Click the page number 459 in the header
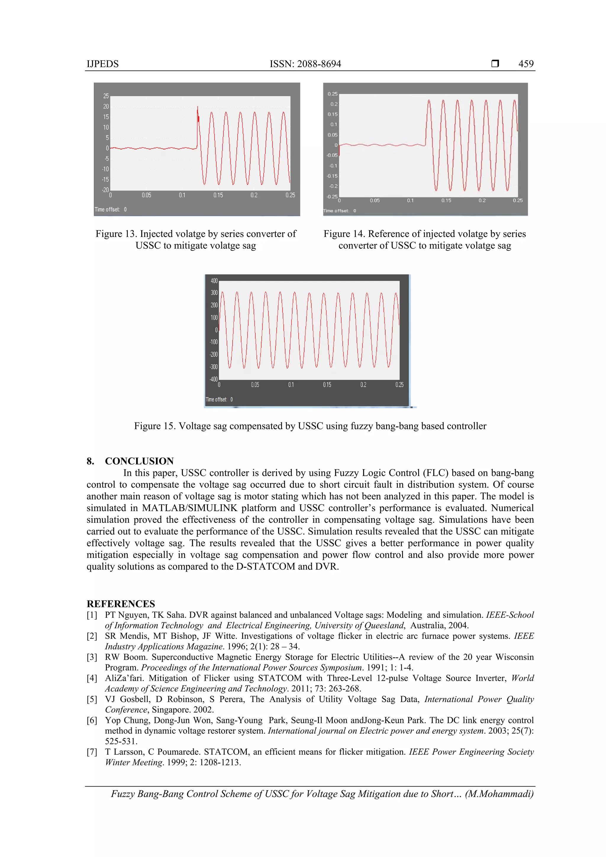pos(526,64)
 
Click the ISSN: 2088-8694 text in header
pos(305,64)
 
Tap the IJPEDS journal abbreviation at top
pos(103,64)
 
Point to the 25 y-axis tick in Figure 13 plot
pos(106,96)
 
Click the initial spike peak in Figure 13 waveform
pos(198,107)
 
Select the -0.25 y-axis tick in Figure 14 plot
pos(332,196)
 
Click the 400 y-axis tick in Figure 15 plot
pos(214,281)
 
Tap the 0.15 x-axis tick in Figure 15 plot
pos(327,385)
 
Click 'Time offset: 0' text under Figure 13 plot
pos(111,209)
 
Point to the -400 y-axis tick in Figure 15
pos(213,379)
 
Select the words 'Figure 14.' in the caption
pos(344,234)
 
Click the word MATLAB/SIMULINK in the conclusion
pos(189,508)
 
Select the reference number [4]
pos(92,678)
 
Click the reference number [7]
pos(92,752)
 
